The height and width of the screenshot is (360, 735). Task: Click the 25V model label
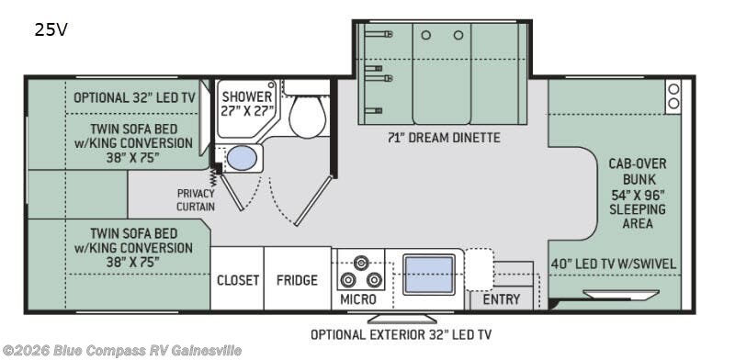(x=51, y=30)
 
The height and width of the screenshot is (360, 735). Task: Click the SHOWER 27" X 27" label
(x=247, y=104)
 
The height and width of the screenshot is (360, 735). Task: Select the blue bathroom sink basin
(x=242, y=158)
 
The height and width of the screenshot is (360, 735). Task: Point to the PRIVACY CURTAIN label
(x=196, y=199)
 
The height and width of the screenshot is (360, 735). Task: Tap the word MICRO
(x=357, y=299)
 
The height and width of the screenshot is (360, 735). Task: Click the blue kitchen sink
(x=429, y=275)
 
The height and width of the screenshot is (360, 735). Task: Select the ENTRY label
(x=501, y=299)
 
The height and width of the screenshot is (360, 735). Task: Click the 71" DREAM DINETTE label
(x=444, y=138)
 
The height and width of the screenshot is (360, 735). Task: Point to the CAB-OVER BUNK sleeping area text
(x=638, y=194)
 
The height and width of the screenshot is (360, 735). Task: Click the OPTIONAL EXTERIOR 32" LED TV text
(x=401, y=334)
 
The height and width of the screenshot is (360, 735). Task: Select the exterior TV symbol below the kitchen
(x=401, y=319)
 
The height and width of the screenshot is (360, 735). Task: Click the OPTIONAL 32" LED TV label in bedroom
(x=134, y=98)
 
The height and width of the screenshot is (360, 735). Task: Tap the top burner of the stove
(x=360, y=263)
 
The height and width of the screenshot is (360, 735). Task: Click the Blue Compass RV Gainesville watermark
(x=122, y=350)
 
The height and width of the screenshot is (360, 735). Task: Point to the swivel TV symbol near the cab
(x=621, y=295)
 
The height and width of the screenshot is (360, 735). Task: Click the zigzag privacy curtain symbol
(x=213, y=178)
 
